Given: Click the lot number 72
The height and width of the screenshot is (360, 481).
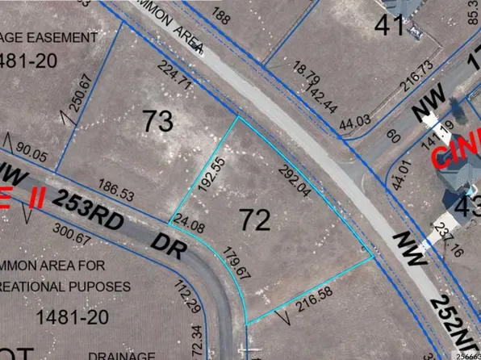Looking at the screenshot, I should pyautogui.click(x=258, y=216).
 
